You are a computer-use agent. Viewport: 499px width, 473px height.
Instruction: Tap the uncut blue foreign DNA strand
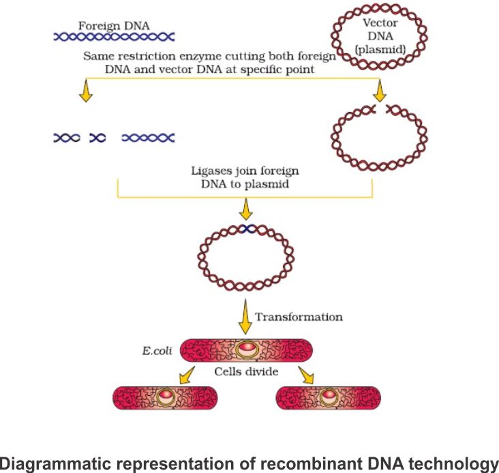click(114, 38)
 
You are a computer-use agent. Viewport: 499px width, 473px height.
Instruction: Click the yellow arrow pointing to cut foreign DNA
click(85, 92)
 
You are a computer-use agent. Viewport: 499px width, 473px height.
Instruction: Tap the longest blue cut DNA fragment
click(148, 138)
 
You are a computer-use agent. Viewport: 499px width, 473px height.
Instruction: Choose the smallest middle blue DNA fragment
click(98, 138)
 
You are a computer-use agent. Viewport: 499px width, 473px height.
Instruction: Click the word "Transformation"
click(299, 317)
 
